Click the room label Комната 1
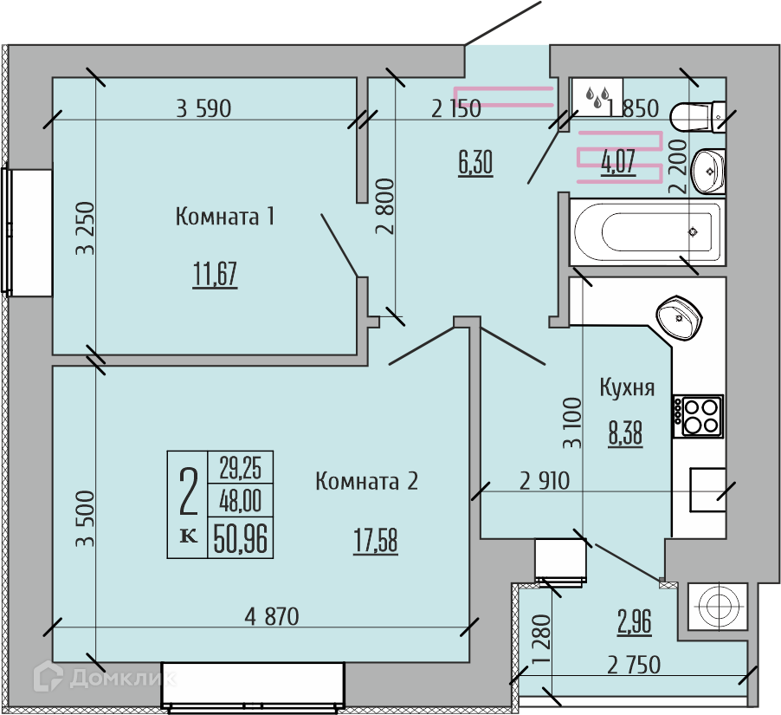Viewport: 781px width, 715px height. [224, 217]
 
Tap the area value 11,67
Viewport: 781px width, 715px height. [215, 274]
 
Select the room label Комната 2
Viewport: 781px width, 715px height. [366, 482]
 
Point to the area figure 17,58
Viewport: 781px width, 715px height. [376, 541]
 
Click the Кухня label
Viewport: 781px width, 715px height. [627, 387]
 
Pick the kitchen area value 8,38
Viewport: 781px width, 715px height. [625, 432]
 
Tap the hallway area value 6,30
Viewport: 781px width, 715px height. [475, 163]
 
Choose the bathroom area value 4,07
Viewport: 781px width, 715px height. [618, 162]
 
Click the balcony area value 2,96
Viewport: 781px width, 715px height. [634, 621]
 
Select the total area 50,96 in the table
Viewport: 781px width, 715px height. [240, 538]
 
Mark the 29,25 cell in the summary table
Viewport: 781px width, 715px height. [240, 467]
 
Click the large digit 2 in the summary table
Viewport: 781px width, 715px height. [188, 491]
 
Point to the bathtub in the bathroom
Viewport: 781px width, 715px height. [648, 231]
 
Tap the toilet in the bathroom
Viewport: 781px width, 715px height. [697, 116]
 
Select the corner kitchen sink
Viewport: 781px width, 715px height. [679, 317]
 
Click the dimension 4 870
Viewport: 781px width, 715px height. [272, 616]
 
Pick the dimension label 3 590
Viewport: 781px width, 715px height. [203, 108]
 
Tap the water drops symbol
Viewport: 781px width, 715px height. [597, 96]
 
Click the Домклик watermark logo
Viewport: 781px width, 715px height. [105, 678]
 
